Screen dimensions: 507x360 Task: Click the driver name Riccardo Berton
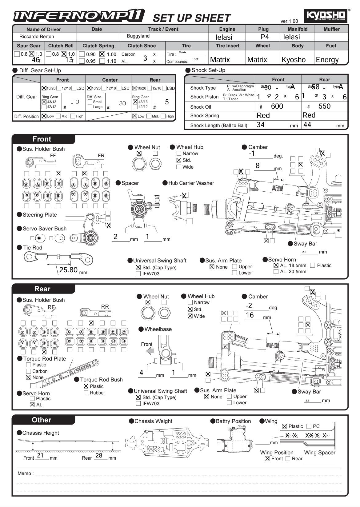tap(37, 37)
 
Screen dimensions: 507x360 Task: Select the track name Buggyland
tap(138, 36)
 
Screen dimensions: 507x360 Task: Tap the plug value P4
tap(265, 37)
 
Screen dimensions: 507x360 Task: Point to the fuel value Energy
tap(327, 60)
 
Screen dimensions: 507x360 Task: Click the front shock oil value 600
tap(277, 106)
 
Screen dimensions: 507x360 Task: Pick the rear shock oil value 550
tap(324, 106)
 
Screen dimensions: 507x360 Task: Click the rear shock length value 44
tap(307, 125)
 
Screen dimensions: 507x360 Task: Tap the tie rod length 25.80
tap(68, 270)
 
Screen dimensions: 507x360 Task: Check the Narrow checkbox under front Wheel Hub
tap(179, 153)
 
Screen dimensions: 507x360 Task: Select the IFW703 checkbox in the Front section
tap(138, 273)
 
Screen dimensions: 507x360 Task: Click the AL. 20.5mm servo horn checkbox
tap(276, 272)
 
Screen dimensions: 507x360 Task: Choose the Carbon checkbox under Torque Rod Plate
tap(29, 371)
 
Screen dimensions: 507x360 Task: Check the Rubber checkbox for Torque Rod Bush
tap(86, 393)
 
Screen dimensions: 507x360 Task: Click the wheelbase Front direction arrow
tap(150, 351)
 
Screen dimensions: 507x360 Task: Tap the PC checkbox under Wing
tap(309, 426)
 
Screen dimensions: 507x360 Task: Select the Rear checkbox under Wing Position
tap(288, 459)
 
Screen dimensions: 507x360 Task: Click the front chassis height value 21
tap(40, 455)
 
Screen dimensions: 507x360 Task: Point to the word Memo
tap(25, 473)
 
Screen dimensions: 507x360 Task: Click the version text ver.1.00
tap(289, 21)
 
